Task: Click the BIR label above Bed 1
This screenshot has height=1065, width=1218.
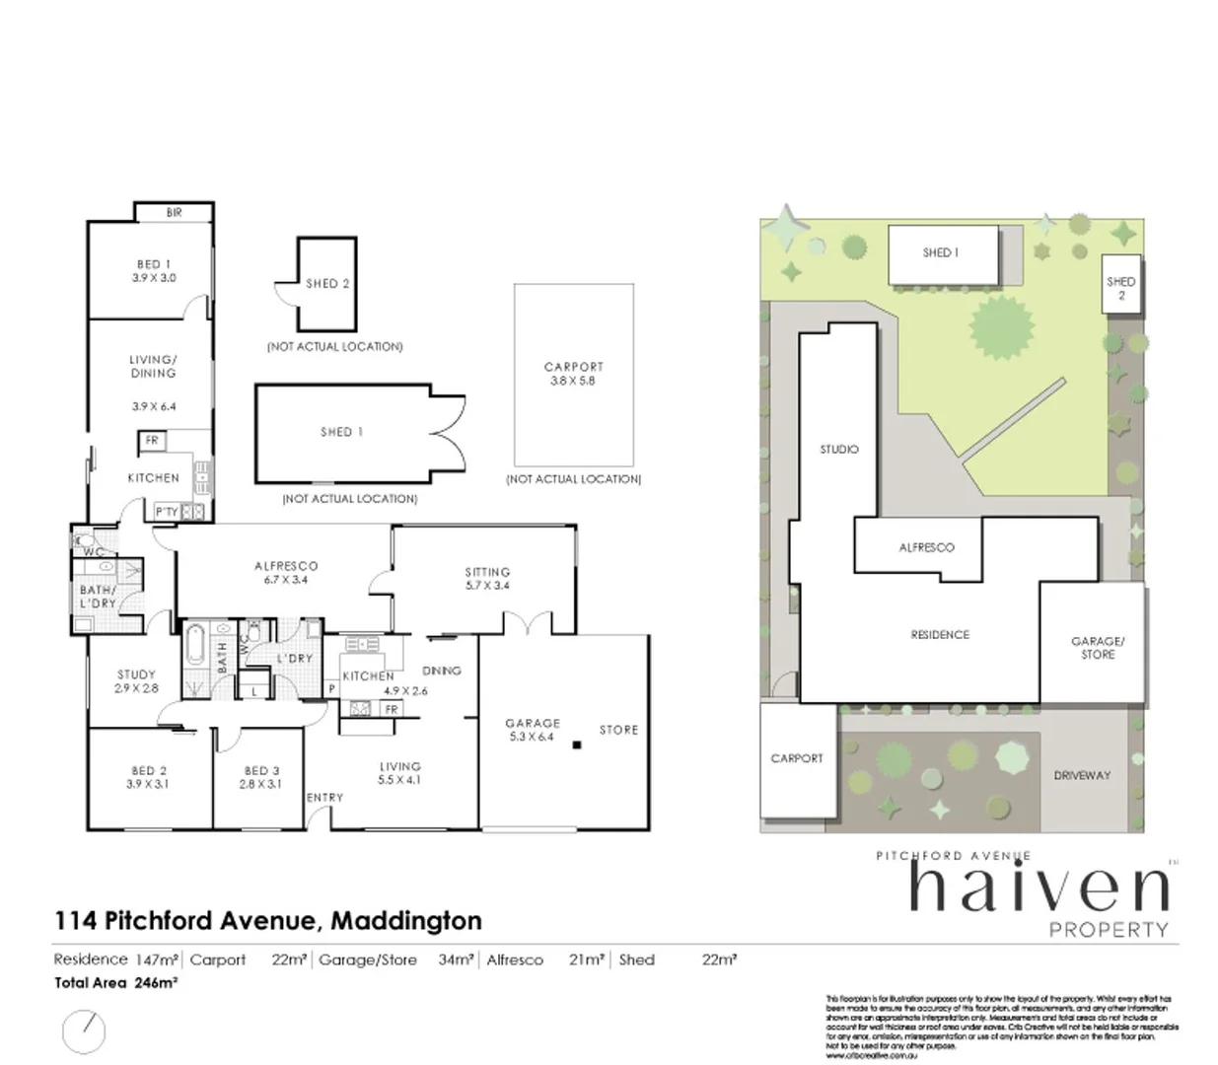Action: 174,212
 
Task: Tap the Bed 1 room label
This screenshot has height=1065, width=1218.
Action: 154,271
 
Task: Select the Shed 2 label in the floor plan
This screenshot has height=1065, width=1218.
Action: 327,284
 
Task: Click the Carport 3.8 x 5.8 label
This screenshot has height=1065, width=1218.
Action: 573,373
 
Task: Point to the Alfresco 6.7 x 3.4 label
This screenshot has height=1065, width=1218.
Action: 286,573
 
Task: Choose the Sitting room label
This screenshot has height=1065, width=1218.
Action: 487,578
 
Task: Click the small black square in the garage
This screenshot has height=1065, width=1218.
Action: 577,745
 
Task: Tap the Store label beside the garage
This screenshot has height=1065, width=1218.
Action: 618,730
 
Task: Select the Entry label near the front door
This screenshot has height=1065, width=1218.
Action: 324,798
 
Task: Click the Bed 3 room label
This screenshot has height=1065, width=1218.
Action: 259,777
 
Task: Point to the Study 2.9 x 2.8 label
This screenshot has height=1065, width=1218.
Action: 136,681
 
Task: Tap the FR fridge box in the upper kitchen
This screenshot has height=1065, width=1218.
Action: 152,441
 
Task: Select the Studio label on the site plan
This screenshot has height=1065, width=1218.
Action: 838,449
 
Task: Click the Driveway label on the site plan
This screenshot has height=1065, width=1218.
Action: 1082,775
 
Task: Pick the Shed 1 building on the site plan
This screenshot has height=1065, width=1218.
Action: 941,253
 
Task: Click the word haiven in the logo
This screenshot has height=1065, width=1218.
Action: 1038,887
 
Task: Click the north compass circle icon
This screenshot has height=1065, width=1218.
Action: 84,1030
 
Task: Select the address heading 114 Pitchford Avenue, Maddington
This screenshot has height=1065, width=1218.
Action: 267,921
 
